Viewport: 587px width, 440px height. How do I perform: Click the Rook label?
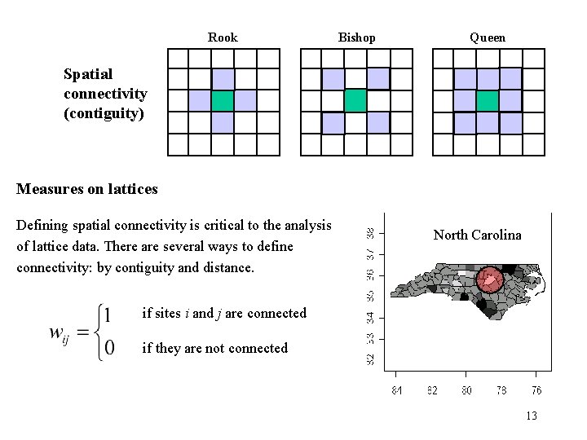(x=223, y=37)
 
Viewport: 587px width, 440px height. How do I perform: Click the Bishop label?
(x=356, y=37)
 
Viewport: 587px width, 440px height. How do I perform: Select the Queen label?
(x=487, y=37)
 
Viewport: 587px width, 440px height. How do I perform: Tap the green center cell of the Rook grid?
(x=223, y=100)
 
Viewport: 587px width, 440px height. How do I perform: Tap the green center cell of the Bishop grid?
(x=355, y=100)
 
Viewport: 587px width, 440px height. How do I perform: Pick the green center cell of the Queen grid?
(x=487, y=100)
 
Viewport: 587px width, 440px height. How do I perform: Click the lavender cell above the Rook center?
(x=223, y=78)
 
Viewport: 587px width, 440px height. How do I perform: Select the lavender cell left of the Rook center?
(x=200, y=100)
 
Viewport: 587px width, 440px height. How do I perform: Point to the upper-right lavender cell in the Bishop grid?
(x=377, y=78)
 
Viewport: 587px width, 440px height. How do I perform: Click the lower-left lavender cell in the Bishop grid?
(x=333, y=122)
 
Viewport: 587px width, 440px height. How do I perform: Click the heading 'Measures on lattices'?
(x=87, y=190)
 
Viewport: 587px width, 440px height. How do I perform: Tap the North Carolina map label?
(x=477, y=235)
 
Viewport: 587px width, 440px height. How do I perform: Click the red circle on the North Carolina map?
(x=490, y=280)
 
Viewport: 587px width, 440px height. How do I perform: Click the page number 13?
(x=532, y=416)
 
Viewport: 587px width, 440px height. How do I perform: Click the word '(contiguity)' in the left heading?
(x=104, y=112)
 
